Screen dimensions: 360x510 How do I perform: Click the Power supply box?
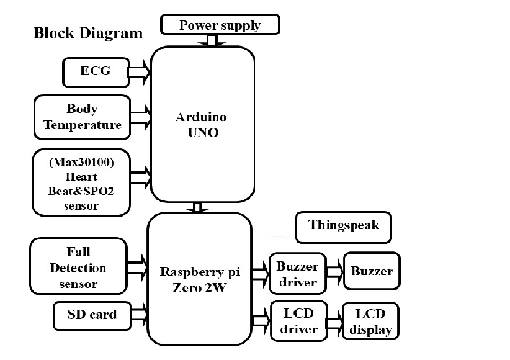pyautogui.click(x=220, y=25)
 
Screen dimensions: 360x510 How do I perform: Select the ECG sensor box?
pyautogui.click(x=96, y=71)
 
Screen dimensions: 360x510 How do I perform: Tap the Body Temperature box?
pyautogui.click(x=83, y=117)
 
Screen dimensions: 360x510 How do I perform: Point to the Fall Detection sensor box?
pyautogui.click(x=78, y=268)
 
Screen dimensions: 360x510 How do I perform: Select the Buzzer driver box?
pyautogui.click(x=297, y=274)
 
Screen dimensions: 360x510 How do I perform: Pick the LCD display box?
pyautogui.click(x=370, y=322)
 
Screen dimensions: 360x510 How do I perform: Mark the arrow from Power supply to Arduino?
pyautogui.click(x=212, y=40)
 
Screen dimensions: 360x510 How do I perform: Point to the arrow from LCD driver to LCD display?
pyautogui.click(x=334, y=323)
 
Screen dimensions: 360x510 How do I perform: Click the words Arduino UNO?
pyautogui.click(x=200, y=125)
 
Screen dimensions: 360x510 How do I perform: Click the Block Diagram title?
pyautogui.click(x=87, y=33)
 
